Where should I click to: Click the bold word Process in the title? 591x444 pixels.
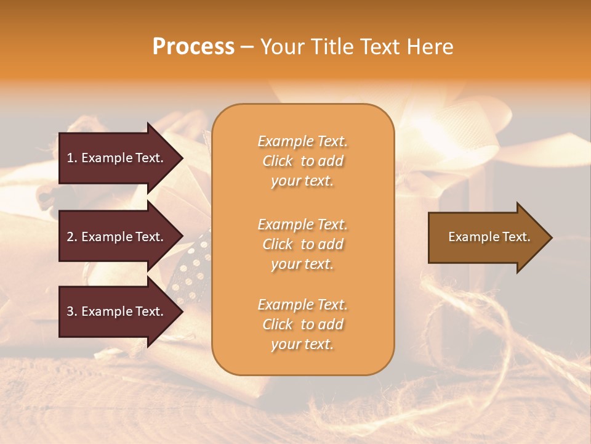tap(193, 47)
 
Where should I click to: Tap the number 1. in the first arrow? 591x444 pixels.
tap(72, 158)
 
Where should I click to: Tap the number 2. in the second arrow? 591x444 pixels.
tap(72, 237)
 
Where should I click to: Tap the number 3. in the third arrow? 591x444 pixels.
tap(72, 311)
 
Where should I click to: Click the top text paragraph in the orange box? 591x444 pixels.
tap(302, 161)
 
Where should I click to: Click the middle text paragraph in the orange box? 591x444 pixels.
tap(302, 244)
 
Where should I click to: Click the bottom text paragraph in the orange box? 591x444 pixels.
tap(302, 324)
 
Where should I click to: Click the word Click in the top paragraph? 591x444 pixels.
tap(278, 161)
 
